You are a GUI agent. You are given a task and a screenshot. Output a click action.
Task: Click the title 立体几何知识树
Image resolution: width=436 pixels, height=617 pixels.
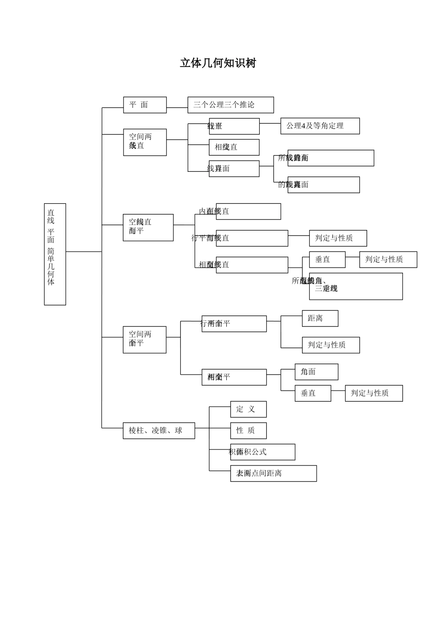pos(218,63)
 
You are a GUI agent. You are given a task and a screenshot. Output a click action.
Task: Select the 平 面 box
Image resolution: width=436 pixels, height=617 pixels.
pos(145,105)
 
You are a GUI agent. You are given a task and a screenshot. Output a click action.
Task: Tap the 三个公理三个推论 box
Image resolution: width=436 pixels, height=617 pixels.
pos(230,105)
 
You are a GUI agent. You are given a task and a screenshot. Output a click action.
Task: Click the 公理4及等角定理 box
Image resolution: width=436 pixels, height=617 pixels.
pos(320,126)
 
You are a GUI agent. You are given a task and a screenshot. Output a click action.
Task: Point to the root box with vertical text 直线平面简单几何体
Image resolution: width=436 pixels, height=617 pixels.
pos(55,254)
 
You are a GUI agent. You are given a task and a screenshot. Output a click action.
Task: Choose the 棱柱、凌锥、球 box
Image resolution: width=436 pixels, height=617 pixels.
pos(159,431)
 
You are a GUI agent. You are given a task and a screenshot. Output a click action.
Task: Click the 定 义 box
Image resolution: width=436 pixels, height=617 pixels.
pos(248,409)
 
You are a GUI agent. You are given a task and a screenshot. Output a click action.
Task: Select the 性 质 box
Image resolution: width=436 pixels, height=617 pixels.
pos(248,431)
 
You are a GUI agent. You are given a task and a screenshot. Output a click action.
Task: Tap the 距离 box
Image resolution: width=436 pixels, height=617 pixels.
pos(320,318)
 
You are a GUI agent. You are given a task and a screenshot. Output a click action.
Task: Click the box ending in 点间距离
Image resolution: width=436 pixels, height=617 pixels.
pos(273,473)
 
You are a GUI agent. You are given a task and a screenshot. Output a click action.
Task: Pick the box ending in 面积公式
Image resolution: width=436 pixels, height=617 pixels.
pos(263,452)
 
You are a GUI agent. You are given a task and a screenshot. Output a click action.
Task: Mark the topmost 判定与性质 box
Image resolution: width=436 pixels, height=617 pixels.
pos(338,238)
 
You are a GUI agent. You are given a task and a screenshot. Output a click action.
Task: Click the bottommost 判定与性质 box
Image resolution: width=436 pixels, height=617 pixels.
pos(374,393)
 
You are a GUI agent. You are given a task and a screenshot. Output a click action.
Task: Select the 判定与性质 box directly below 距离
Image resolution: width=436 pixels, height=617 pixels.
pos(330,345)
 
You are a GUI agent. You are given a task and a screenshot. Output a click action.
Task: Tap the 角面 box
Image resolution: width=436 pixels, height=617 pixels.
pos(316,372)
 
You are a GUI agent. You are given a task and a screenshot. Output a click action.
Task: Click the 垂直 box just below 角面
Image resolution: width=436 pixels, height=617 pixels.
pos(313,393)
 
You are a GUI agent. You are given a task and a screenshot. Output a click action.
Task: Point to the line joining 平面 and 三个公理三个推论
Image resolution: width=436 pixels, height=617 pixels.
pos(177,108)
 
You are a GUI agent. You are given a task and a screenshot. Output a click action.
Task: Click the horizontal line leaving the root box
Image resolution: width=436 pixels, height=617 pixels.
pos(84,252)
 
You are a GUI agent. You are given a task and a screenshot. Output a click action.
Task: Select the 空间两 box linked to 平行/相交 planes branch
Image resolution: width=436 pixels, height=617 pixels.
pos(145,340)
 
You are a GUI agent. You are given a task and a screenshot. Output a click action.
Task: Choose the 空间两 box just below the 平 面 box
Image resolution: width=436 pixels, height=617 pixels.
pos(145,142)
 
